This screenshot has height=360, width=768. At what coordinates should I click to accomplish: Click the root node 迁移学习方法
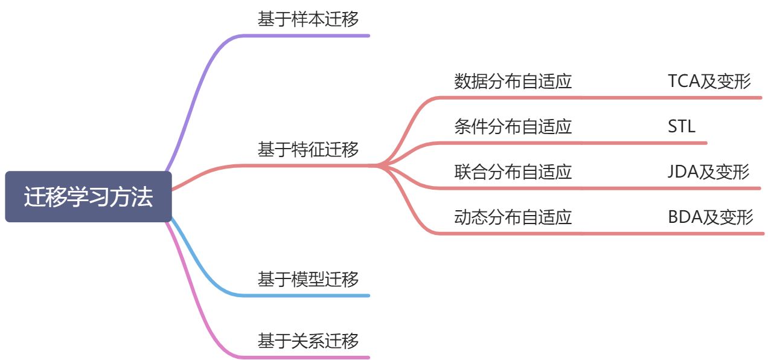point(88,197)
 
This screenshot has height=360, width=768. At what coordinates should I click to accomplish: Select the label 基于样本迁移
point(308,19)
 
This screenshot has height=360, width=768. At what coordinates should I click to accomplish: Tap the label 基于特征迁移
point(308,149)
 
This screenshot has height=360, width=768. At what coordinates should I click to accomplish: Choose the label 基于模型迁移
point(308,278)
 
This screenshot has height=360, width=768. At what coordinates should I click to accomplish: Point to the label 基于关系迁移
point(308,340)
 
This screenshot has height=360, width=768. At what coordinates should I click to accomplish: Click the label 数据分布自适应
point(513,81)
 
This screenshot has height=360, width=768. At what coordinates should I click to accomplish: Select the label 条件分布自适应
point(513,126)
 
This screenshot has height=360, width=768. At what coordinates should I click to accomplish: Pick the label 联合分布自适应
point(513,172)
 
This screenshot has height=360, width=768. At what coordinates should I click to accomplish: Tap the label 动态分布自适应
point(513,217)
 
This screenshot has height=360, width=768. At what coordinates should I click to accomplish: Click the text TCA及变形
point(709,81)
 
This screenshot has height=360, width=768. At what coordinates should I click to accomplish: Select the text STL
point(682,126)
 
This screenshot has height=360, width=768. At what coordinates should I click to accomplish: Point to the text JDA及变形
point(708,172)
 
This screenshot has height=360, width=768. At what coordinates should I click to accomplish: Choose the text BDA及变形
point(711,217)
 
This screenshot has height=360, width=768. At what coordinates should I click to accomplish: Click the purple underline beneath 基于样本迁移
point(308,36)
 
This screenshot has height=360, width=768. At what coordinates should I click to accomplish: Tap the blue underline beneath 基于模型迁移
point(308,295)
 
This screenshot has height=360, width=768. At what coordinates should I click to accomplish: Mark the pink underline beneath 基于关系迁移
point(308,357)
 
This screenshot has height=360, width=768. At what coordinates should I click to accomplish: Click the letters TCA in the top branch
point(683,81)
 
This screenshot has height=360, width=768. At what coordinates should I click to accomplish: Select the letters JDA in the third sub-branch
point(683,172)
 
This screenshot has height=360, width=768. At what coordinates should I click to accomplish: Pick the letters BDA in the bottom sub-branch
point(684,217)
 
